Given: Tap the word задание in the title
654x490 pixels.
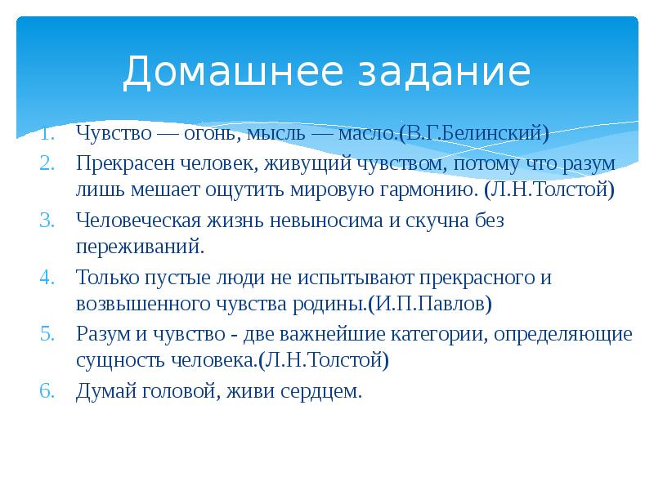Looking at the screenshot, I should tap(434, 72).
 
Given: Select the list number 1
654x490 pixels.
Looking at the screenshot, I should tap(47, 132).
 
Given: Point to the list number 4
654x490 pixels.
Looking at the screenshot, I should tap(47, 277).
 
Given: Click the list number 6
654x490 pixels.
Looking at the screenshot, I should tap(47, 390).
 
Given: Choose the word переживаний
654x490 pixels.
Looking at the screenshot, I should tap(140, 247).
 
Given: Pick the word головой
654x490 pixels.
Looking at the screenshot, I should tap(177, 390).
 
